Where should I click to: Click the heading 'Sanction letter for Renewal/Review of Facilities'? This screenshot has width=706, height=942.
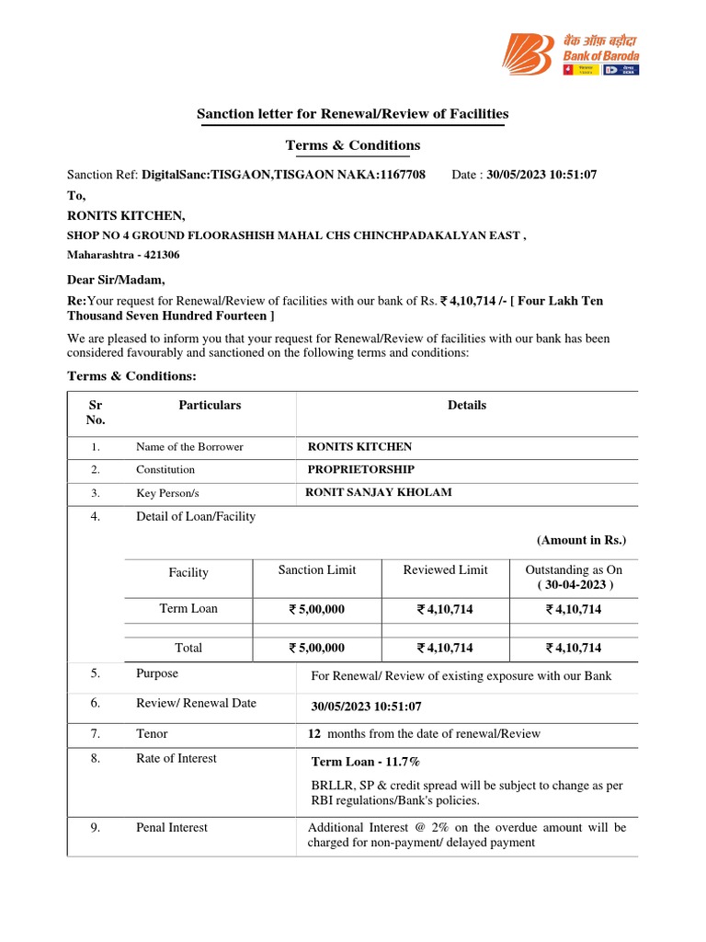(x=352, y=113)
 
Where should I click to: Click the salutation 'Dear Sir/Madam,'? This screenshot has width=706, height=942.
(x=117, y=280)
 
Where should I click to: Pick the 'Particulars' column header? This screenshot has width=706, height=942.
(x=210, y=405)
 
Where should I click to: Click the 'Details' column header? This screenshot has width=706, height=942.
(x=467, y=405)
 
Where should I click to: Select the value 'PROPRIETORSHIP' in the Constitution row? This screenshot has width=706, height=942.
(x=360, y=469)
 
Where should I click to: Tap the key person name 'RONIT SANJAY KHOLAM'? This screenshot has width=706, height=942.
(x=378, y=492)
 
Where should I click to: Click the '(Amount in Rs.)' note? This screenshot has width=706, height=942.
(x=581, y=540)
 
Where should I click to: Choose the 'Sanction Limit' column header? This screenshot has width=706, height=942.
(x=316, y=570)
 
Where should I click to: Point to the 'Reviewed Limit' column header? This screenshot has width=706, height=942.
(x=445, y=570)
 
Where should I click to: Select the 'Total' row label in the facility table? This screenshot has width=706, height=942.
(x=188, y=648)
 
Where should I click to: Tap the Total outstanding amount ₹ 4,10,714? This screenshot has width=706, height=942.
(x=574, y=648)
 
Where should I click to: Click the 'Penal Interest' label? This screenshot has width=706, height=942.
(x=172, y=827)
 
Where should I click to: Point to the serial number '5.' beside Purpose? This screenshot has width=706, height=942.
(x=96, y=674)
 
